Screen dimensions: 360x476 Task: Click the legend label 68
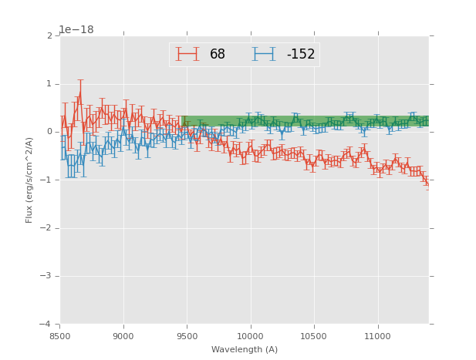pos(217,55)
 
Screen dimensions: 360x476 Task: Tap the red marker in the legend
pos(187,55)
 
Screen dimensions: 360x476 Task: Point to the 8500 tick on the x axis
pos(60,336)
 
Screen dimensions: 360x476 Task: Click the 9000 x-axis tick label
pos(123,336)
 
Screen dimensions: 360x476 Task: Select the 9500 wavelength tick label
pos(187,336)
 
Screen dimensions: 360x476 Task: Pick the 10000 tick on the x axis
pos(251,336)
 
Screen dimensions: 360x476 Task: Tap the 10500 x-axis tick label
pos(314,336)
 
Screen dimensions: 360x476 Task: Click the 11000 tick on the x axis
pos(377,336)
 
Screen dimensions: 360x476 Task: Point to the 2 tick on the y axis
pos(49,36)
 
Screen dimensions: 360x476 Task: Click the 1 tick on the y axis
pos(49,84)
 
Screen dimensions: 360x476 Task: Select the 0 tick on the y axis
pos(49,132)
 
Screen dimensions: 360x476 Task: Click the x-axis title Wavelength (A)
pos(245,350)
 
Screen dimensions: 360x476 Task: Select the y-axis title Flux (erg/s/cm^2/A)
pos(29,180)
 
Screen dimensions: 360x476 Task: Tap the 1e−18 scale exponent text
pos(76,30)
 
